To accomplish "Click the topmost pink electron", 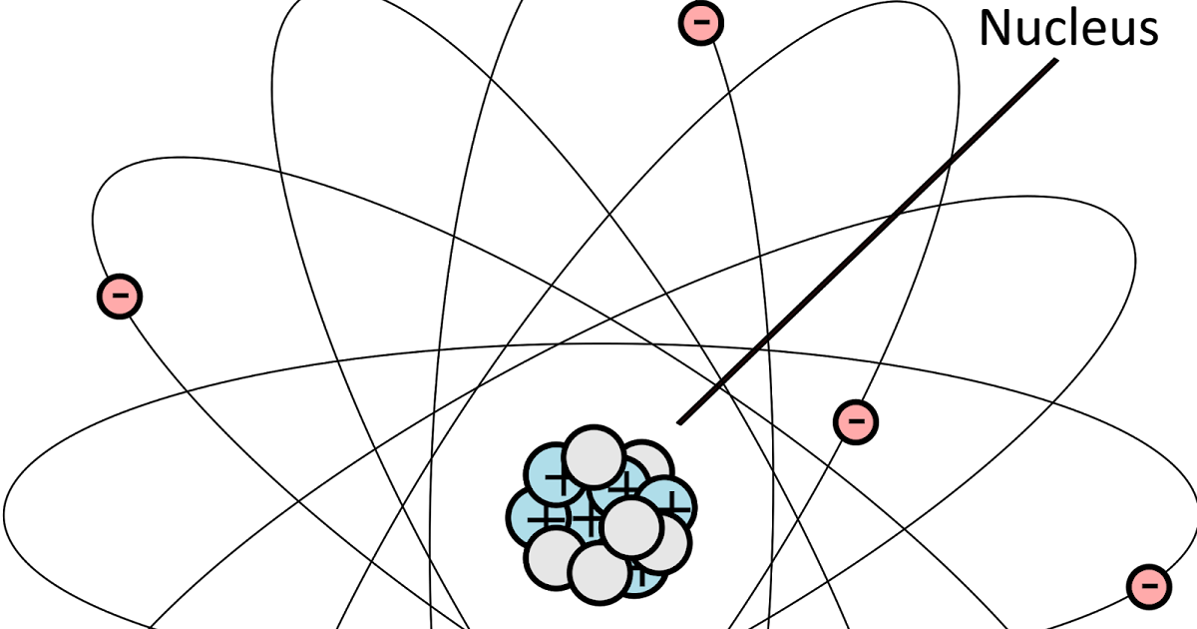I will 701,23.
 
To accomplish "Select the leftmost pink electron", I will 120,297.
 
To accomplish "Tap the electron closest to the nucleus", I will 856,422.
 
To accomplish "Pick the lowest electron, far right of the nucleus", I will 1149,587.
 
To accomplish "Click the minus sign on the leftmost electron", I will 120,297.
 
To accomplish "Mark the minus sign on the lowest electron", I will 1149,587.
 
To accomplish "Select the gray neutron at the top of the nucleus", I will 595,459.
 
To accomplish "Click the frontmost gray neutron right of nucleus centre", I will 631,528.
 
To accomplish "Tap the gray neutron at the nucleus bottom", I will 599,573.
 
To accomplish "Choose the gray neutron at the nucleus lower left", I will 555,557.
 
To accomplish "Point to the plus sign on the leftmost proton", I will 539,521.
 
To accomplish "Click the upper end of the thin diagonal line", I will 1054,62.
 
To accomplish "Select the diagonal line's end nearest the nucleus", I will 681,421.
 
